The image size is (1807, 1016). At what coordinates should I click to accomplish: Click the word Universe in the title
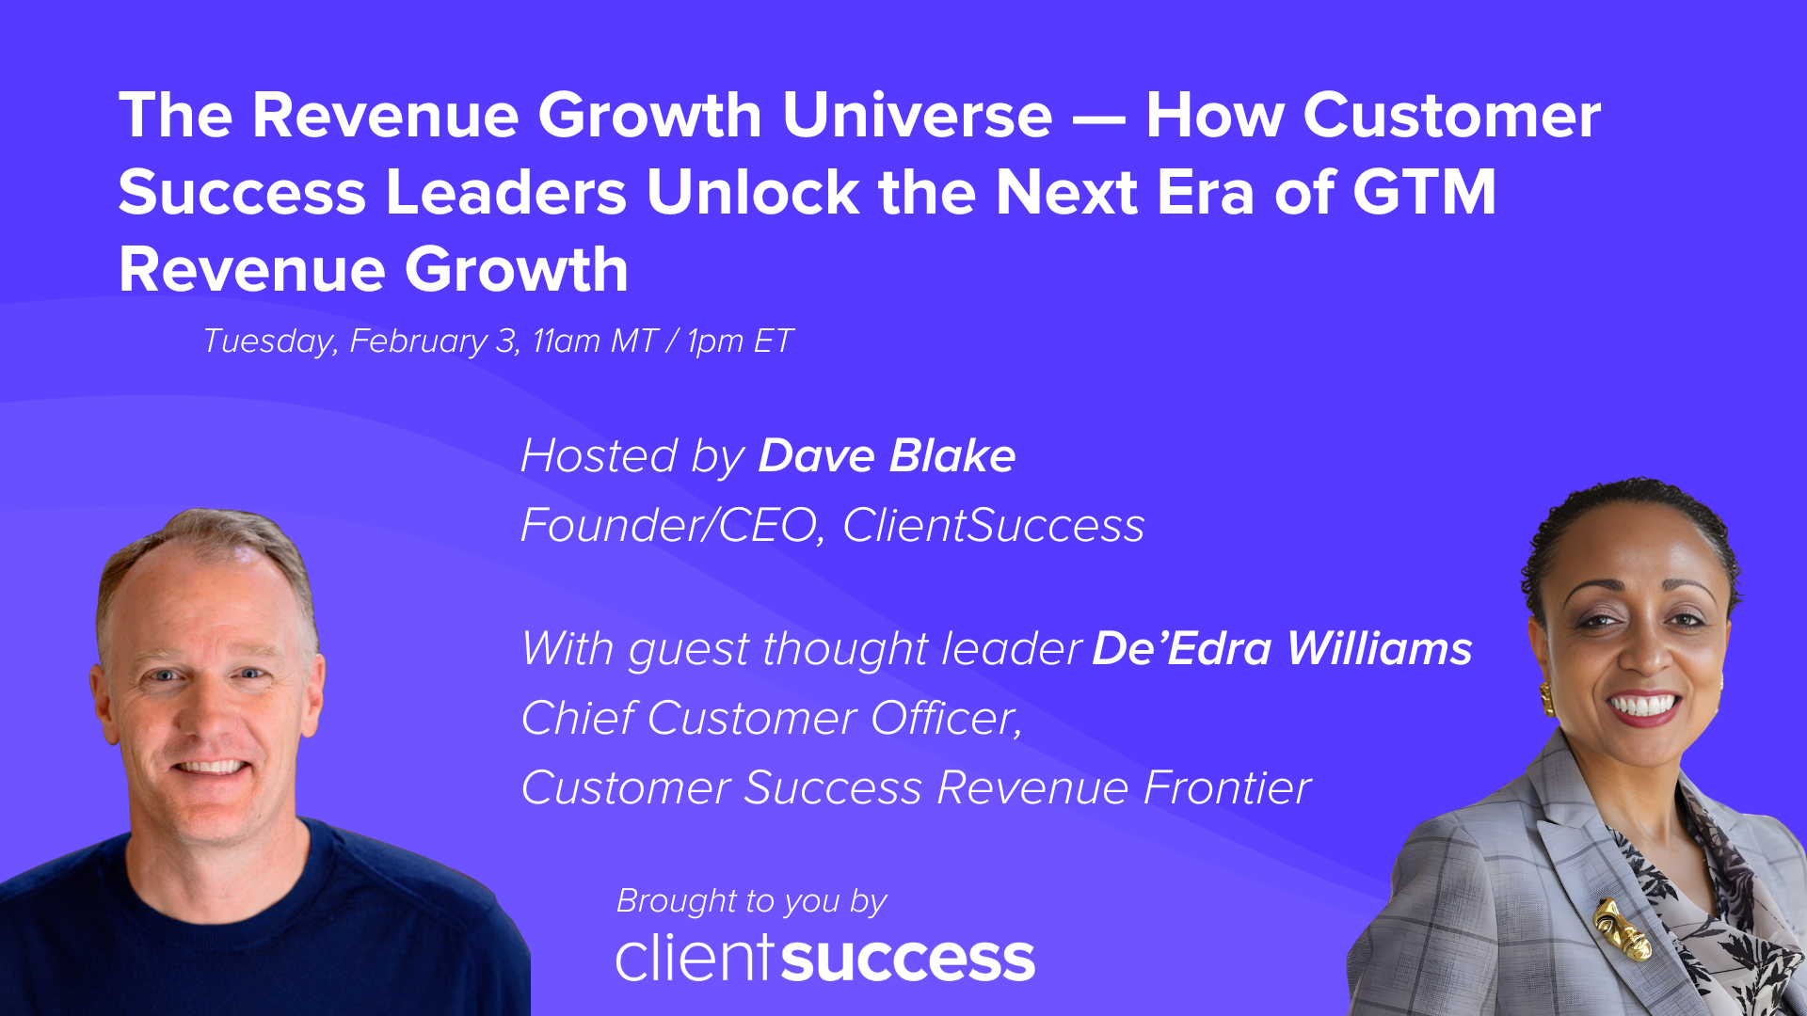pyautogui.click(x=917, y=116)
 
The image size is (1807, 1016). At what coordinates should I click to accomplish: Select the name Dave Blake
pyautogui.click(x=887, y=456)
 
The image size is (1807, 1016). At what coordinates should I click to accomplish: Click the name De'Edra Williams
pyautogui.click(x=1282, y=649)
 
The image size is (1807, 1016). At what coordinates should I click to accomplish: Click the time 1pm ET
pyautogui.click(x=740, y=341)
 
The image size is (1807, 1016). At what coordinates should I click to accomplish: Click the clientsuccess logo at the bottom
pyautogui.click(x=825, y=959)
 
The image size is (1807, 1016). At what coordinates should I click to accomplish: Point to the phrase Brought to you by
pyautogui.click(x=751, y=901)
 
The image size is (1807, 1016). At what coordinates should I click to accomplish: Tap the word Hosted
pyautogui.click(x=600, y=456)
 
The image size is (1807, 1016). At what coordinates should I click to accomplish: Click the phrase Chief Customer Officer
pyautogui.click(x=771, y=719)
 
